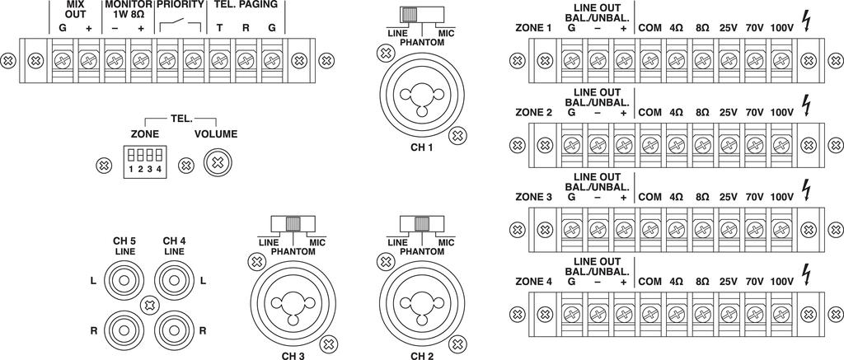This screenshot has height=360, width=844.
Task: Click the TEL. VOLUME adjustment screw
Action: (x=217, y=161)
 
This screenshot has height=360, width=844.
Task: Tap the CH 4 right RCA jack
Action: (x=175, y=329)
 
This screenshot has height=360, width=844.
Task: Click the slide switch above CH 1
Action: (x=410, y=15)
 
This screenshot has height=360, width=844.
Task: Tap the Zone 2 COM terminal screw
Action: (x=649, y=144)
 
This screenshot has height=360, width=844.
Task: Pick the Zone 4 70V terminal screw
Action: (x=754, y=313)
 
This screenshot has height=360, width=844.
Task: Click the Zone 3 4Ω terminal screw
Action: (x=676, y=229)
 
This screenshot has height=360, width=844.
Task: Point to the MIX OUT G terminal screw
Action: (x=63, y=60)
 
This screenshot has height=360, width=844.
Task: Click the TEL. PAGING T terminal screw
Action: (x=218, y=60)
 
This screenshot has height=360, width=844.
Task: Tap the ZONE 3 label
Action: (x=533, y=197)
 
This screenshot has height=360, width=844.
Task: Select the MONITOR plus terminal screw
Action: (x=141, y=60)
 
